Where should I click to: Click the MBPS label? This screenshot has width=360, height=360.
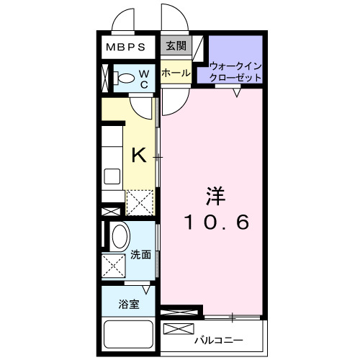coord(126,48)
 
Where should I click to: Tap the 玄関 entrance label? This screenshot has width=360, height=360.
coord(176,47)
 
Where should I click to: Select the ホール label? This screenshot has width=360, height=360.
coord(176,73)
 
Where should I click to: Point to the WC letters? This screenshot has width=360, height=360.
coord(143,78)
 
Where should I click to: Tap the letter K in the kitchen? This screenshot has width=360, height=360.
coord(139,154)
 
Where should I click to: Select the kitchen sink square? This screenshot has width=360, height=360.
coord(112,176)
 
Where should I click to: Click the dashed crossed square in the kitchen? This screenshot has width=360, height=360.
coord(139,202)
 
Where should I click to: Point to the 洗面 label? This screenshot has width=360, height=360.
coord(141,254)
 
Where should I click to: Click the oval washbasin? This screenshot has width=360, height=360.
coord(120,236)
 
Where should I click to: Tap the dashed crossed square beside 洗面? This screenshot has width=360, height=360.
coord(113,266)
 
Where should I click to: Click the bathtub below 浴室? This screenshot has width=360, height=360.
coord(130,336)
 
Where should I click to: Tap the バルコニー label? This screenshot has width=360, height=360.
coord(218,339)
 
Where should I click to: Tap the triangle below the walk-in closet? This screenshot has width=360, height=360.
coord(237,91)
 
